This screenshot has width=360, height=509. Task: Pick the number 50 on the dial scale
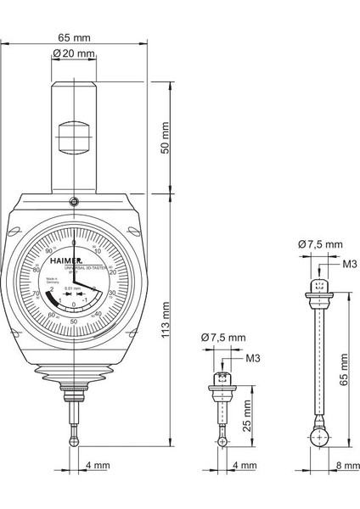click(x=74, y=322)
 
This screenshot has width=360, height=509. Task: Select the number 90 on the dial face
click(x=48, y=252)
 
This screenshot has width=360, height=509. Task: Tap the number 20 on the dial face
click(x=112, y=272)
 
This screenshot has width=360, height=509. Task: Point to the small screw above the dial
click(x=74, y=201)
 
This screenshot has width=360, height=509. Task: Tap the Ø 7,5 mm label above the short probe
click(x=224, y=338)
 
